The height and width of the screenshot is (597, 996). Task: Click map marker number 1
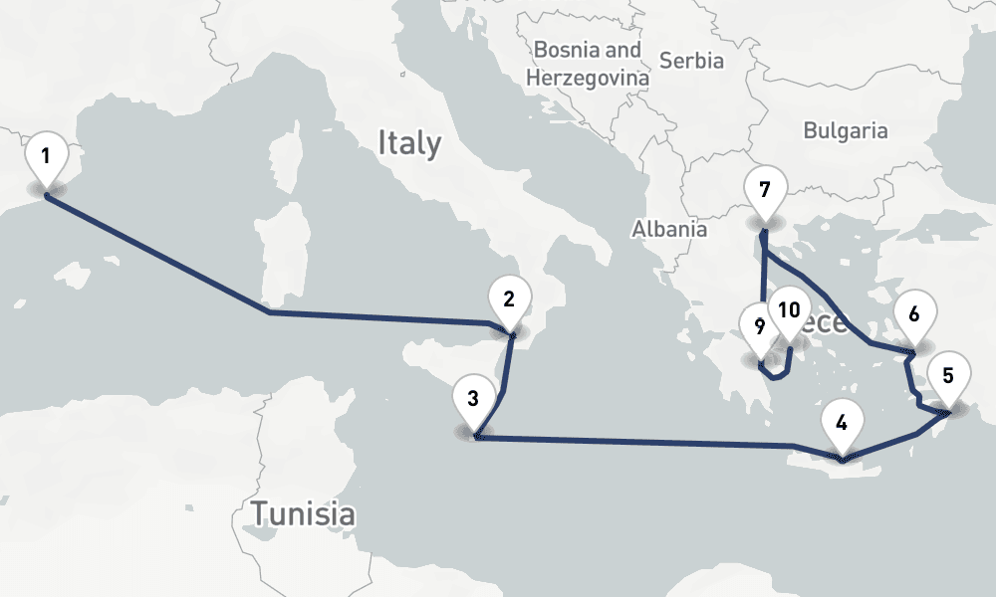click(46, 156)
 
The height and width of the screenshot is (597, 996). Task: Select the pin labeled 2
click(509, 299)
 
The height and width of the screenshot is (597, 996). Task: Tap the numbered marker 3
click(473, 400)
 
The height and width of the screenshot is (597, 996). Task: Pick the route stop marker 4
click(842, 423)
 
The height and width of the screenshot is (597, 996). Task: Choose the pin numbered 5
click(947, 376)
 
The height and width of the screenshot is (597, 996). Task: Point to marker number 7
click(764, 190)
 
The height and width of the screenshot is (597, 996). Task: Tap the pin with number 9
click(760, 326)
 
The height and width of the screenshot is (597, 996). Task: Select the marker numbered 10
click(789, 310)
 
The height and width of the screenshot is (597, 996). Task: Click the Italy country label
click(408, 143)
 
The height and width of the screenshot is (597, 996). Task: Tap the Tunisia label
click(302, 514)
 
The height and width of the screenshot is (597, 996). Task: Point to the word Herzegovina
click(588, 77)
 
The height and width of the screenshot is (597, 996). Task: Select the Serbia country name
click(691, 61)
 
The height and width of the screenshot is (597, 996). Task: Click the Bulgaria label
click(845, 130)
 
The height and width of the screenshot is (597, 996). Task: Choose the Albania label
click(669, 229)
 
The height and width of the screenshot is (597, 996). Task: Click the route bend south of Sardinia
click(270, 312)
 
